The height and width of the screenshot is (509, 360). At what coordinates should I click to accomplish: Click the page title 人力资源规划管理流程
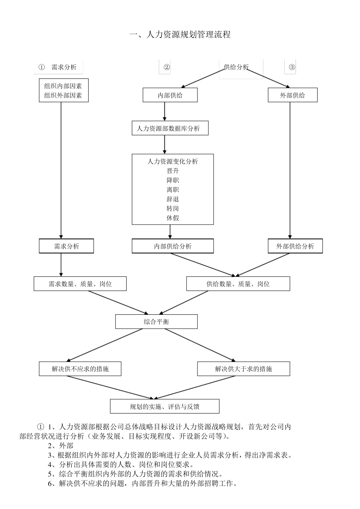tap(180, 35)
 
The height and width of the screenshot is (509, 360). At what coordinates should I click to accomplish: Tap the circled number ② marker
tap(167, 67)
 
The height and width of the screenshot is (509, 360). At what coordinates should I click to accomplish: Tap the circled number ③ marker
tap(291, 67)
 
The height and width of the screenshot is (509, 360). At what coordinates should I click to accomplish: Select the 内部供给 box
tap(170, 95)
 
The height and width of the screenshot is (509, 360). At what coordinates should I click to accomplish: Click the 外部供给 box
tap(292, 95)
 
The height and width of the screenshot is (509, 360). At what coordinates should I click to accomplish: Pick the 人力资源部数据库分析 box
tap(170, 129)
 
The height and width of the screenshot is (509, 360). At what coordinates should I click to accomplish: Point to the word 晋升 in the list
tap(173, 171)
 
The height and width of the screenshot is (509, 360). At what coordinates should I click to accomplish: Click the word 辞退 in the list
tap(173, 199)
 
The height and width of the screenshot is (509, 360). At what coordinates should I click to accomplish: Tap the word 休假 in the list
tap(173, 218)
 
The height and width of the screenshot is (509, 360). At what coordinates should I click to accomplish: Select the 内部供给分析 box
tap(172, 247)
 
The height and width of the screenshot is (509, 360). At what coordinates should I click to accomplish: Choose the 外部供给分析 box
tap(295, 247)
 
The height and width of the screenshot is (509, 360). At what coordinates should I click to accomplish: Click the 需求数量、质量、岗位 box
tap(80, 284)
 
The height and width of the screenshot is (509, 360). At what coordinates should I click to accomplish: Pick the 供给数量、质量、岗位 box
tap(238, 284)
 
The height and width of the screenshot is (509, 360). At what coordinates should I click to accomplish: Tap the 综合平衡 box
tap(156, 322)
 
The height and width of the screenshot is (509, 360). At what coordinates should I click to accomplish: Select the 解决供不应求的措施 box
tap(80, 369)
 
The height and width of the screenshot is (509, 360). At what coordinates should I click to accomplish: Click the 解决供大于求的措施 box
tap(243, 369)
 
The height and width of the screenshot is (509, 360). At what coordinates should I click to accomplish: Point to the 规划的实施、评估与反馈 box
tap(164, 407)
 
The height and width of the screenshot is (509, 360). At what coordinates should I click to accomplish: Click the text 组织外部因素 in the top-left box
tap(63, 96)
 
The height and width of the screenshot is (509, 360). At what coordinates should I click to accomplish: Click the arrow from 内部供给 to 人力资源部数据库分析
tap(164, 111)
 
